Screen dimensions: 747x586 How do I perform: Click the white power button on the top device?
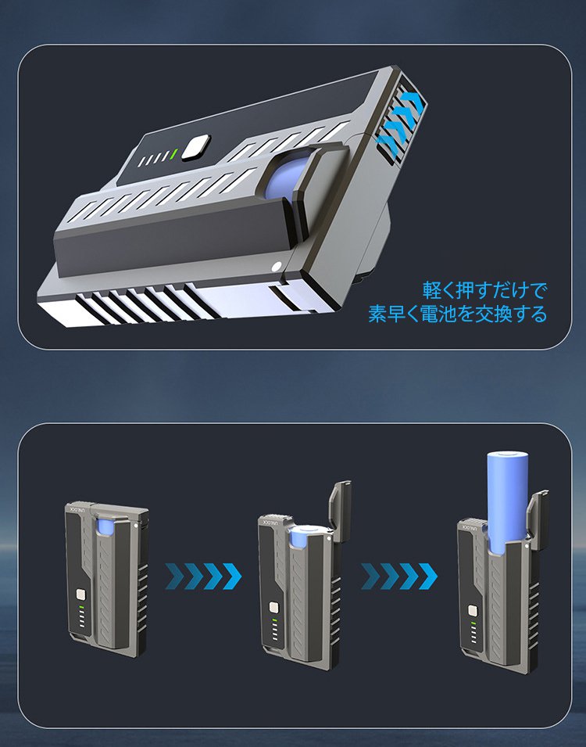(x=196, y=147)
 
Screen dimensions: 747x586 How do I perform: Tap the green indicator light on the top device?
(x=174, y=155)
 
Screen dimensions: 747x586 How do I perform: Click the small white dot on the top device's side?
(x=276, y=268)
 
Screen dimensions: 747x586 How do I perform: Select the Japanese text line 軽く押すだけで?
(x=484, y=290)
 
